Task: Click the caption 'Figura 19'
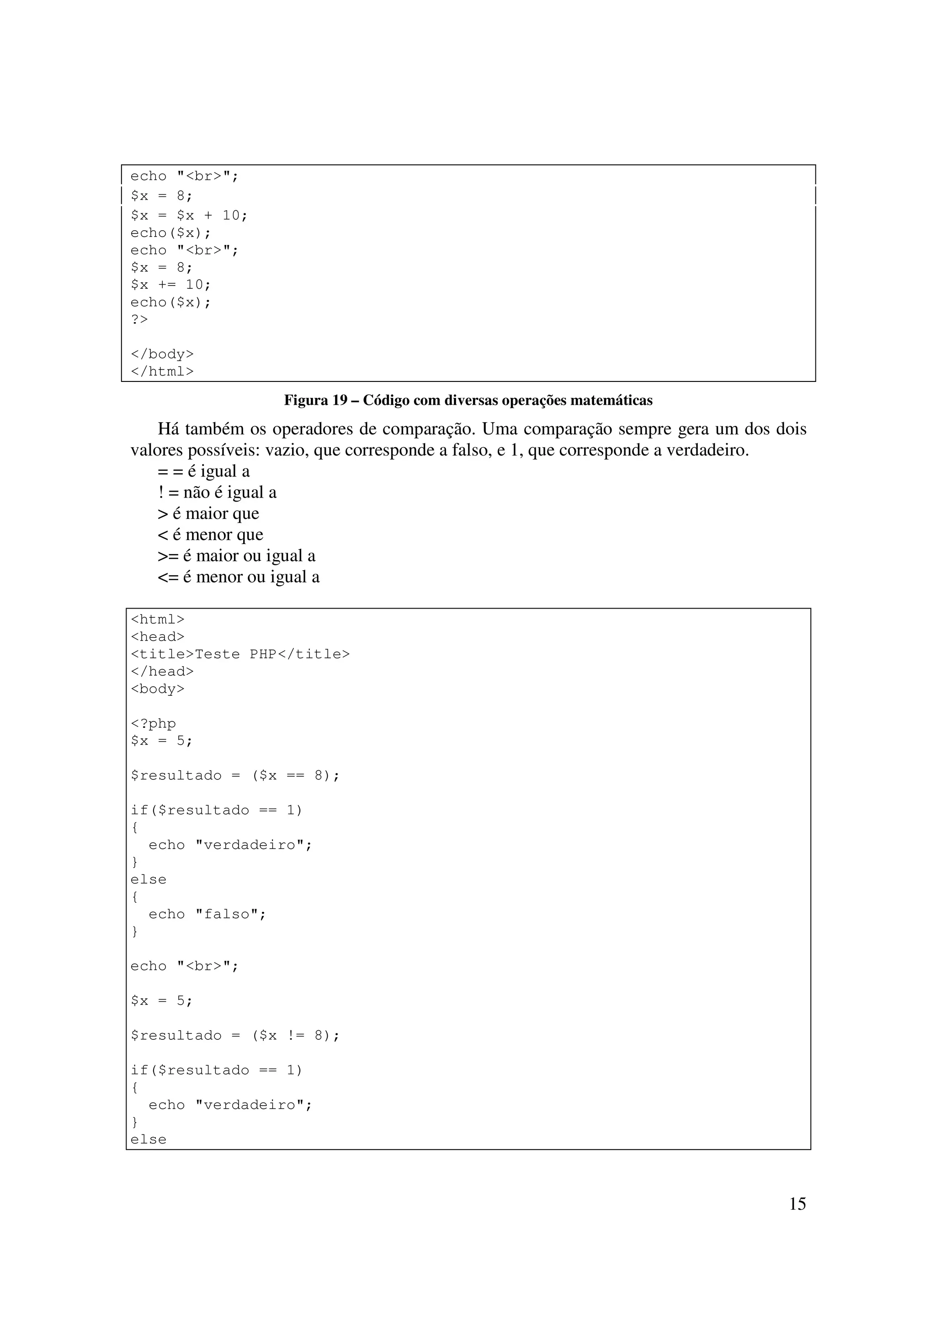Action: tap(314, 400)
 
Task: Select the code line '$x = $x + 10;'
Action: tap(189, 216)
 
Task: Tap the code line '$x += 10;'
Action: tap(171, 285)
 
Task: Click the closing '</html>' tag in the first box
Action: tap(162, 371)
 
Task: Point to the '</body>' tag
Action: tap(162, 354)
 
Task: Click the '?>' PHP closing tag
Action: tap(139, 319)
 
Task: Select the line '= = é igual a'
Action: tap(203, 471)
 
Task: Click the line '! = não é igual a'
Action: tap(217, 493)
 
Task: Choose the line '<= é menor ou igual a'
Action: tap(238, 577)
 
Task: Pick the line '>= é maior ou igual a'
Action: tap(236, 556)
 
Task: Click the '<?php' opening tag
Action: tap(153, 724)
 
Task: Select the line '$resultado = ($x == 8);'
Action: tap(235, 776)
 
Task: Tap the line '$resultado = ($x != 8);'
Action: tap(235, 1036)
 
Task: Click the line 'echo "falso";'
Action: tap(207, 915)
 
